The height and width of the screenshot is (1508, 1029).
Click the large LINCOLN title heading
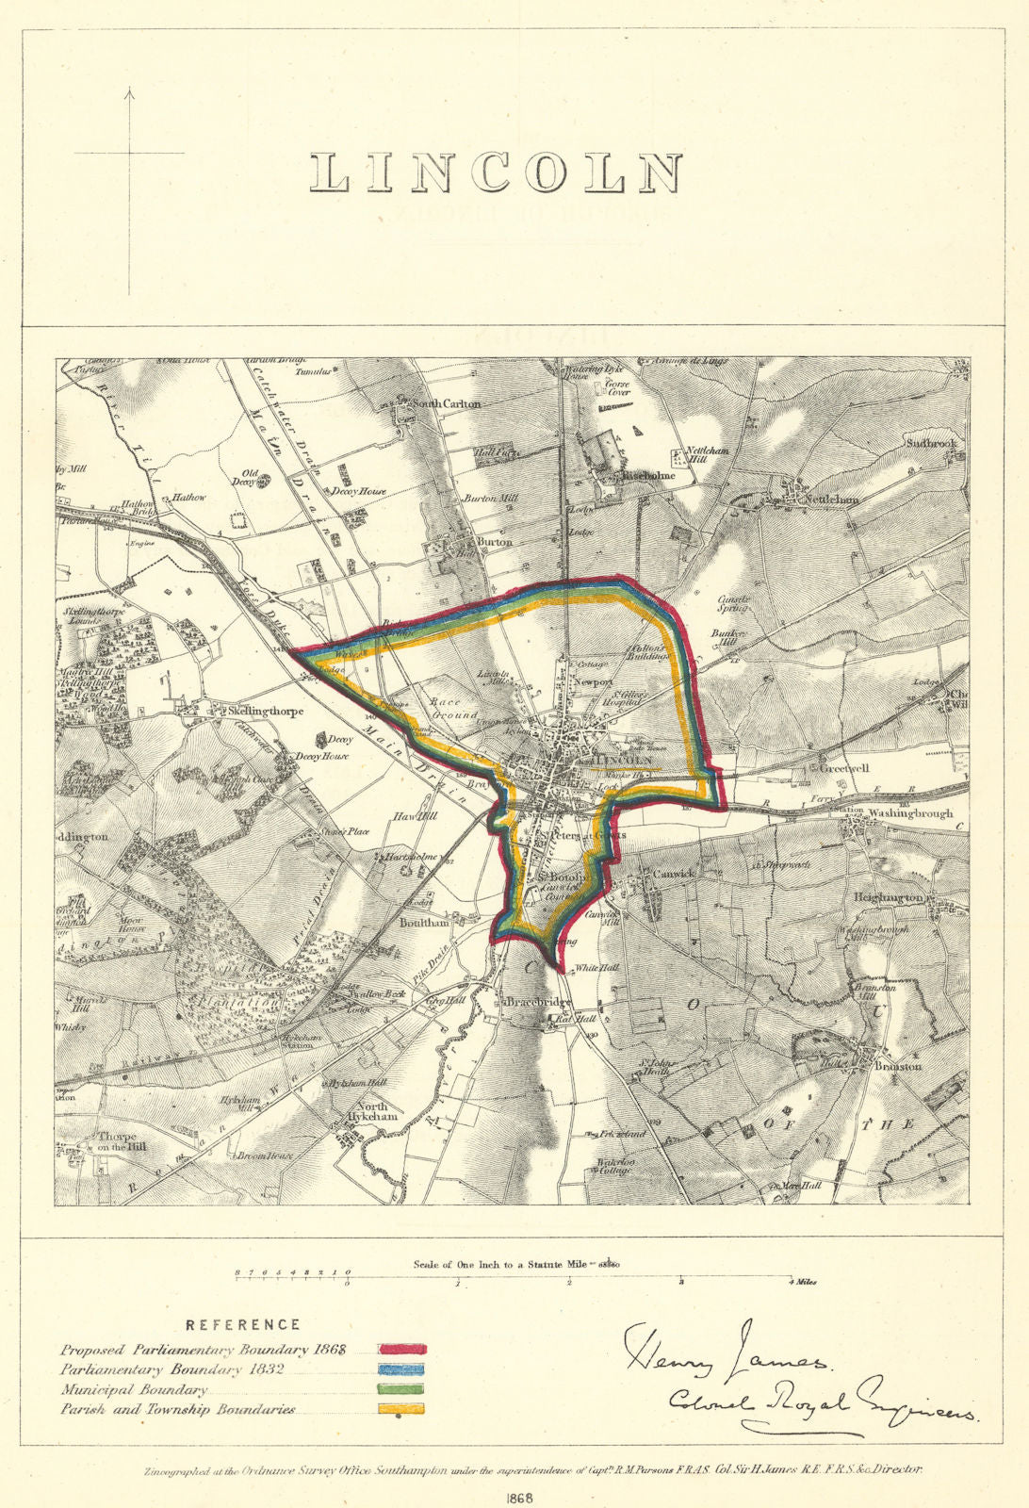pyautogui.click(x=497, y=173)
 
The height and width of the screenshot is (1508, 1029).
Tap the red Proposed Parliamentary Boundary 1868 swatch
pyautogui.click(x=402, y=1350)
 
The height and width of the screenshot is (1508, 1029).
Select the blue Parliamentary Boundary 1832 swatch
pyautogui.click(x=402, y=1369)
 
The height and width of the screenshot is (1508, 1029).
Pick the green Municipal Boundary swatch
pyautogui.click(x=402, y=1390)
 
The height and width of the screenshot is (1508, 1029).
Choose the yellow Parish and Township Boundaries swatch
pyautogui.click(x=402, y=1410)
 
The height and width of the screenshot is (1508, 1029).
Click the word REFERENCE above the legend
pyautogui.click(x=243, y=1325)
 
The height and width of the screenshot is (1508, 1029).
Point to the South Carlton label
pyautogui.click(x=449, y=403)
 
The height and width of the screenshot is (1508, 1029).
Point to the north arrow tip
pyautogui.click(x=130, y=90)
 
